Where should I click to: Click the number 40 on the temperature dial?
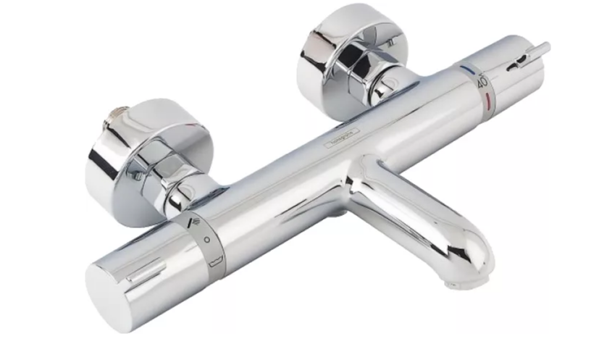[x=482, y=83]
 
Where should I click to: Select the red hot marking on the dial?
[x=490, y=96]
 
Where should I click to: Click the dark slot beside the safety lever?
[x=516, y=64]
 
